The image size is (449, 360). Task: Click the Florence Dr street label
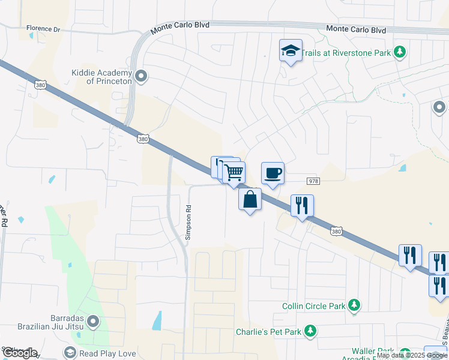44,29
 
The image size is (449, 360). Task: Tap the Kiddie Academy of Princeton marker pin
141,76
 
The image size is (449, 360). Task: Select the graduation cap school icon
291,51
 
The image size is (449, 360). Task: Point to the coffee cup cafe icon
273,173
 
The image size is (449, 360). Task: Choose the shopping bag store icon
250,199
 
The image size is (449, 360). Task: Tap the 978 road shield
313,181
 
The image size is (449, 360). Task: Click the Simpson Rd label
188,223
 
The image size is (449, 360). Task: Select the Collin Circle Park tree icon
354,306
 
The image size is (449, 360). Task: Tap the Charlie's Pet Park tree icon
310,331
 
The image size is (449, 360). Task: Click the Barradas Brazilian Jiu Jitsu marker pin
92,322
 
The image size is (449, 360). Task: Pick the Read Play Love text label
107,353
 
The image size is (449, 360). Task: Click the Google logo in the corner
20,353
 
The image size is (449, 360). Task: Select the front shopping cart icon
234,173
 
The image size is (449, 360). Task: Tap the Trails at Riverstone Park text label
346,53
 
